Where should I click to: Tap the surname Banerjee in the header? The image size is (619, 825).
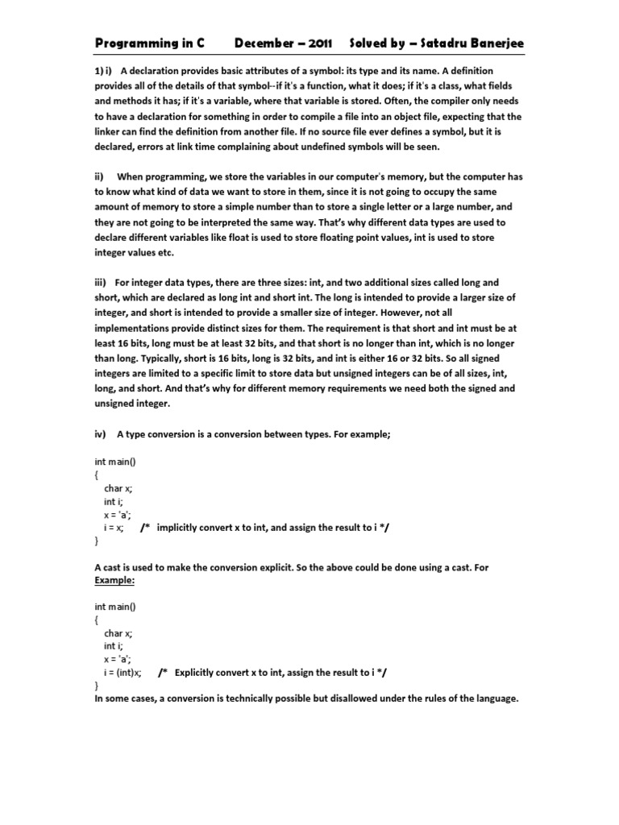[492, 42]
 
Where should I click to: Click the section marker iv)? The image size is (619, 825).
[101, 434]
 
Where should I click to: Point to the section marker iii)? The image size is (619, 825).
[102, 283]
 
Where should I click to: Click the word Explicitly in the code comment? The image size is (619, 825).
[196, 672]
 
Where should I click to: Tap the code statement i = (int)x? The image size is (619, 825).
[123, 672]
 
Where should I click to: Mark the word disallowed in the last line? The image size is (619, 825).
[334, 699]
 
